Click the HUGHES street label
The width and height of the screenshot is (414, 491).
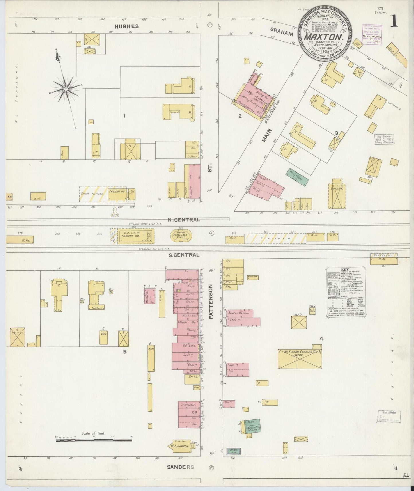[x=127, y=26]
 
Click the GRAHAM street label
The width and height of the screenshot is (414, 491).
[x=282, y=34]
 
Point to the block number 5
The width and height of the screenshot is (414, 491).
[x=125, y=351]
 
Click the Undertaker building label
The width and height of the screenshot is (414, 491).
[x=188, y=405]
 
